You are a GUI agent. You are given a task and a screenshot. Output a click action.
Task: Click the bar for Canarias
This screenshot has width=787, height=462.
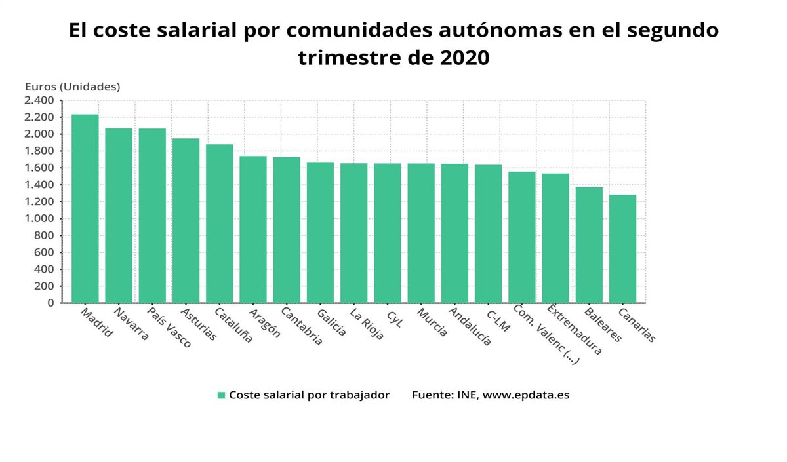point(622,248)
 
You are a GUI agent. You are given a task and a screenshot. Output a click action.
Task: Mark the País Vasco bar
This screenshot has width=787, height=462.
point(152,216)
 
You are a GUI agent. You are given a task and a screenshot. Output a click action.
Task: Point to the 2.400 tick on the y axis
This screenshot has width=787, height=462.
point(39,100)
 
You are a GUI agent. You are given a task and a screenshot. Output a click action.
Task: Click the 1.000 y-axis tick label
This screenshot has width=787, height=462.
point(39,219)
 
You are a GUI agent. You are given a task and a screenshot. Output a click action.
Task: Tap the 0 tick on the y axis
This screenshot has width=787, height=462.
point(50,303)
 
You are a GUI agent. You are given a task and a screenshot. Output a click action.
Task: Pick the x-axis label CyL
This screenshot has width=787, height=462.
point(394,317)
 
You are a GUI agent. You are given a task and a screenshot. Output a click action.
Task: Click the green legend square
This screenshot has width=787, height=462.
point(222,395)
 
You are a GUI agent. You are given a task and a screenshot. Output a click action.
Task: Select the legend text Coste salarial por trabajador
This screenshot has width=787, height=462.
point(309,395)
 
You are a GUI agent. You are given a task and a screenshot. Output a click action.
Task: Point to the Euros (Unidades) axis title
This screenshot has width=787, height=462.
point(72,86)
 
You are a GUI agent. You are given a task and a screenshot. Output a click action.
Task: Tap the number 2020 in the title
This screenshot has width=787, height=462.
point(462,58)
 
